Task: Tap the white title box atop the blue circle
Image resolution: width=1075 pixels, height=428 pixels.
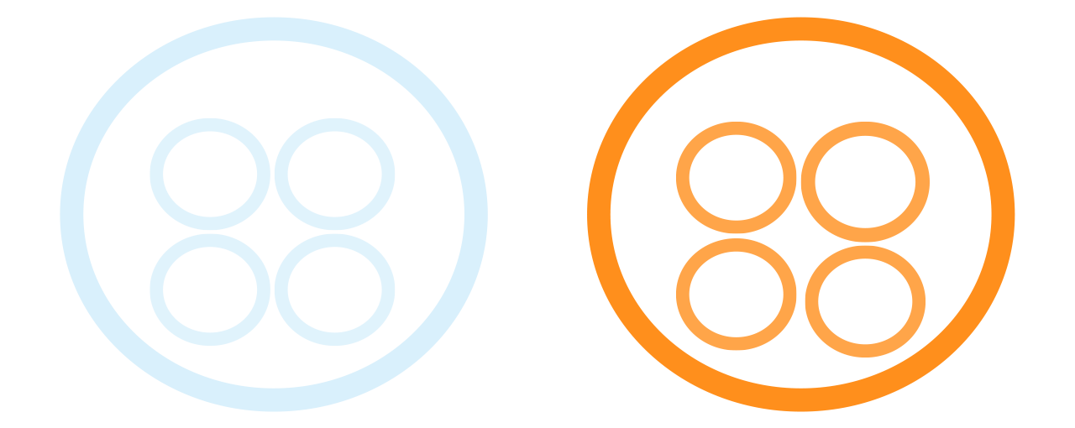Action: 274,81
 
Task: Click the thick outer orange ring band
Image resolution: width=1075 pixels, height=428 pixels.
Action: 599,214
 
